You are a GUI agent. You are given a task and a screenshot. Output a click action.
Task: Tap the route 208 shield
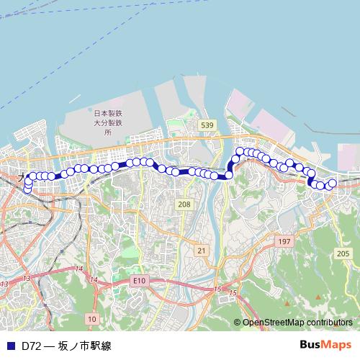[x=184, y=204]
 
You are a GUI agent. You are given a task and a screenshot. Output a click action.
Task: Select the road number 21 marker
[x=201, y=250]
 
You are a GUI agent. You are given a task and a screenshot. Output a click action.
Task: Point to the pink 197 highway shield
[x=284, y=242]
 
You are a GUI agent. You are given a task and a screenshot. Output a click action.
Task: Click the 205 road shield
[x=343, y=253]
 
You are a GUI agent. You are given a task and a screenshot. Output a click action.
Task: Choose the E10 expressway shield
[x=139, y=279]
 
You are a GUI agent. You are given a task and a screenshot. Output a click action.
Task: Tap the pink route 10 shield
[x=91, y=318]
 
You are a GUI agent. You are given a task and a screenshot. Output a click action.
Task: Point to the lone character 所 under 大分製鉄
[x=108, y=132]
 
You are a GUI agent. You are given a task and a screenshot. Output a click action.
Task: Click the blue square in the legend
[x=10, y=346]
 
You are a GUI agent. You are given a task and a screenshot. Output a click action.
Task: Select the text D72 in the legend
[x=31, y=346]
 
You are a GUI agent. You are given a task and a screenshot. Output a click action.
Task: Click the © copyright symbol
[x=237, y=323]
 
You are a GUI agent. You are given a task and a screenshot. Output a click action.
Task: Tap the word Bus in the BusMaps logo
[x=310, y=345]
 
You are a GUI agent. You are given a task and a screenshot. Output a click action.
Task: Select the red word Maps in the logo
[x=336, y=345]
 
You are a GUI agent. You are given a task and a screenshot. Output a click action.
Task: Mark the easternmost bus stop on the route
[x=333, y=184]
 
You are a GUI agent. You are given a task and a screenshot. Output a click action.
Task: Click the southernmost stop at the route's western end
[x=27, y=191]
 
